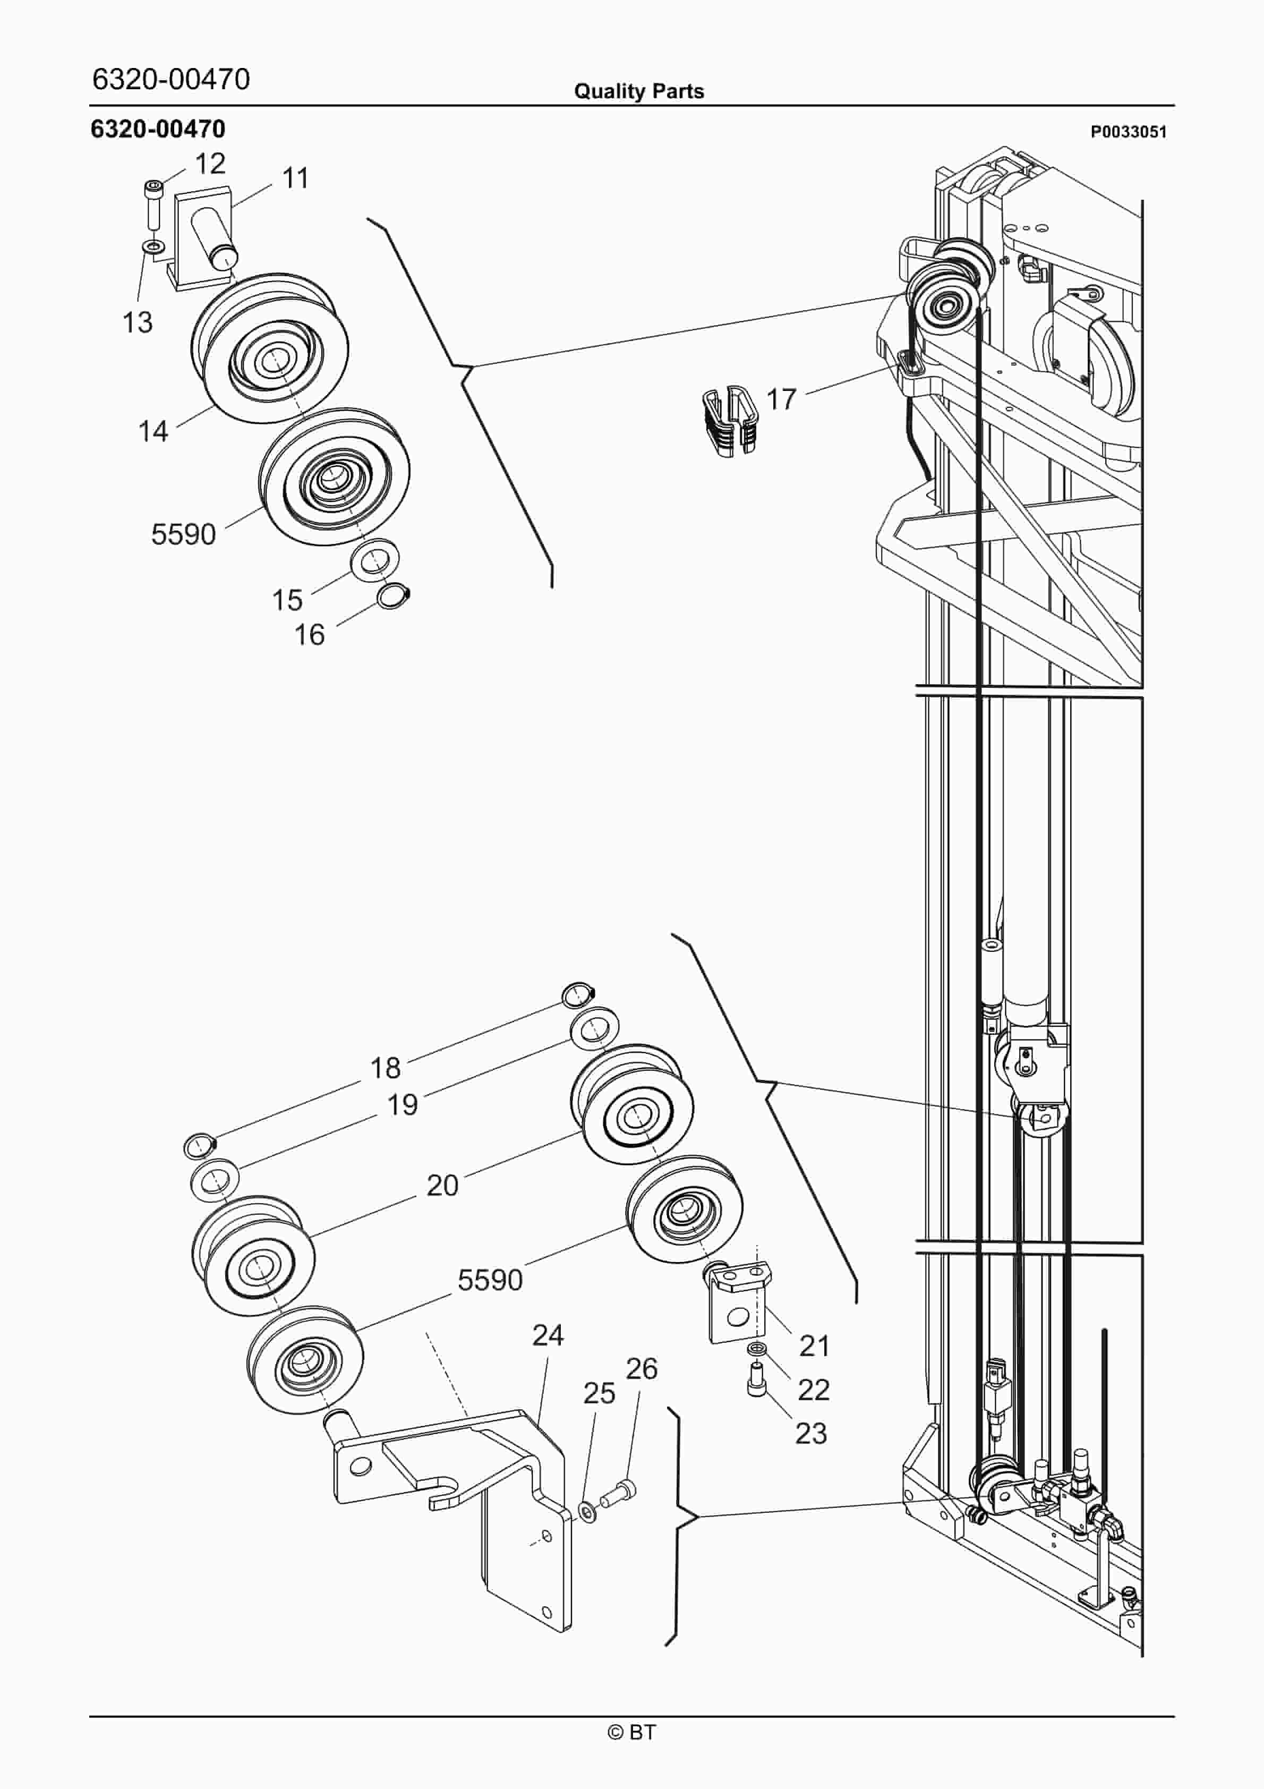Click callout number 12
(210, 164)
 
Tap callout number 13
(138, 322)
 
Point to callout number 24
(548, 1335)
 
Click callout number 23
(810, 1433)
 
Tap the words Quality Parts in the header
(639, 91)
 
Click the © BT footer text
(632, 1732)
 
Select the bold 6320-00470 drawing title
(158, 129)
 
